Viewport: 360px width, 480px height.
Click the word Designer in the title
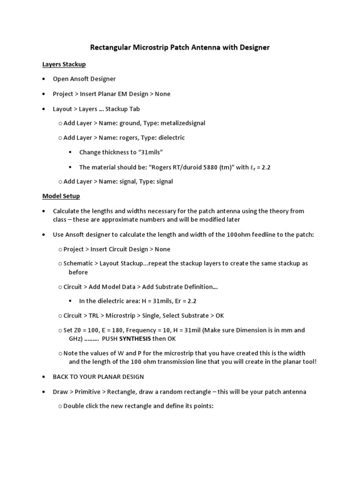point(254,47)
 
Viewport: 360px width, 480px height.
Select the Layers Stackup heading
point(64,64)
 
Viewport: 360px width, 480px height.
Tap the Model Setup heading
point(61,196)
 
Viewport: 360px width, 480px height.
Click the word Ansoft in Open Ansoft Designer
point(81,79)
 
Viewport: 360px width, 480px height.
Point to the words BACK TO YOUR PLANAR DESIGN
point(98,376)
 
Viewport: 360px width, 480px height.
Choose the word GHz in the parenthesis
point(75,338)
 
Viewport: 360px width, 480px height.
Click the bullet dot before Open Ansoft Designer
point(44,79)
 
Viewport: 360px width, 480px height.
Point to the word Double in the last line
point(74,406)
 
